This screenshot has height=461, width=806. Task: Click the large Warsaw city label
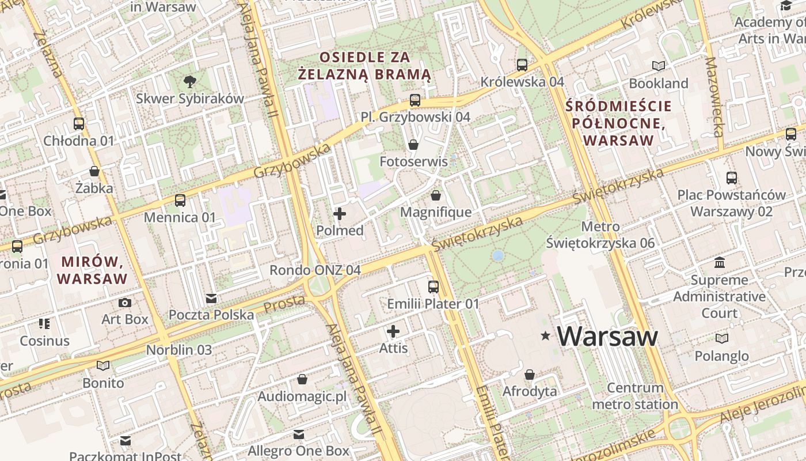pyautogui.click(x=607, y=337)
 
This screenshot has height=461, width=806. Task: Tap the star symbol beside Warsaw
pyautogui.click(x=545, y=335)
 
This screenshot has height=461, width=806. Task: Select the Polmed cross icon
pyautogui.click(x=340, y=214)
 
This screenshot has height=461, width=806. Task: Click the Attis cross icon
pyautogui.click(x=393, y=331)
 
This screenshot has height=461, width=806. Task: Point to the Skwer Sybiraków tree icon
pyautogui.click(x=189, y=82)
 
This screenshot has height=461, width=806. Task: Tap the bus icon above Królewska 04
pyautogui.click(x=522, y=65)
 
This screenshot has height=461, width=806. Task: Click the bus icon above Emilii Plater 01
pyautogui.click(x=434, y=286)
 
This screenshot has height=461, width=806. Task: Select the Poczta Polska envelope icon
pyautogui.click(x=211, y=298)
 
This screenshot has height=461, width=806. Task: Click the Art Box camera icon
pyautogui.click(x=125, y=303)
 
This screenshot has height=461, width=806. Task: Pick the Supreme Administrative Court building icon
pyautogui.click(x=720, y=263)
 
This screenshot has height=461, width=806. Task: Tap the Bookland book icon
pyautogui.click(x=658, y=66)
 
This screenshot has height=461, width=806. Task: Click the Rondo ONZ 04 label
pyautogui.click(x=315, y=270)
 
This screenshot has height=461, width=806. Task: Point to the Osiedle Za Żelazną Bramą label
pyautogui.click(x=364, y=66)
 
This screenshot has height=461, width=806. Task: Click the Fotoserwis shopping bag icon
pyautogui.click(x=413, y=145)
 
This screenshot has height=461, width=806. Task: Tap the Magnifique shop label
pyautogui.click(x=436, y=212)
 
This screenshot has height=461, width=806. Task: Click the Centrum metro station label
pyautogui.click(x=635, y=396)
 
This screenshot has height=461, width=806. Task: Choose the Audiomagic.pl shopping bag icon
pyautogui.click(x=302, y=379)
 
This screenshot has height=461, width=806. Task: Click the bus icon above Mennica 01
pyautogui.click(x=180, y=201)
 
